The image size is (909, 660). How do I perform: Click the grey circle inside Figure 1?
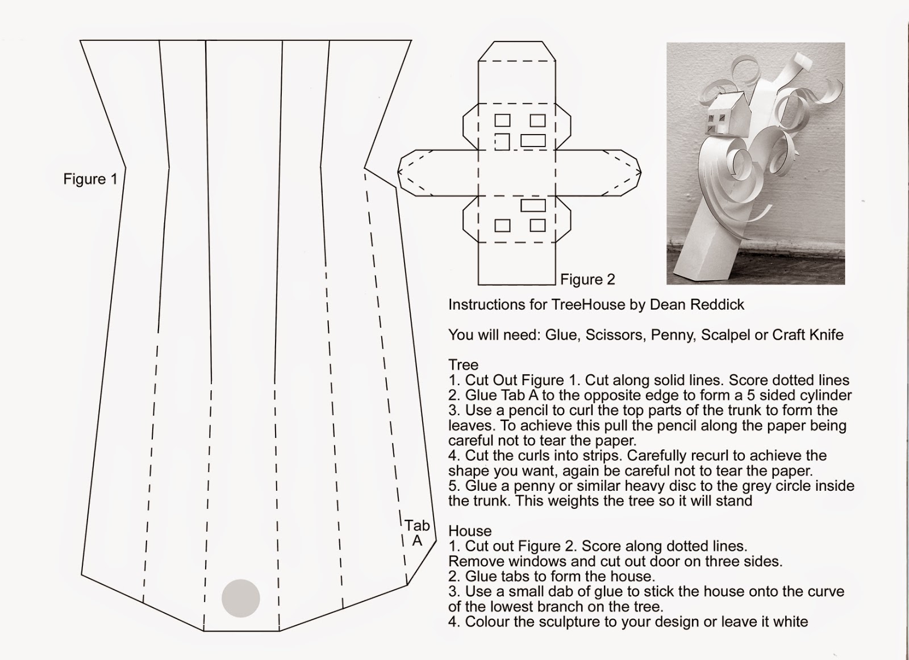pos(241,598)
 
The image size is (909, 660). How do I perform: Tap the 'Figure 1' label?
pos(90,179)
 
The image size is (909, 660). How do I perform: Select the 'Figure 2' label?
pos(587,279)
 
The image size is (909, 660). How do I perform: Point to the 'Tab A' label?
pos(417,533)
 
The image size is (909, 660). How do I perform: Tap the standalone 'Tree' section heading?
pos(463,365)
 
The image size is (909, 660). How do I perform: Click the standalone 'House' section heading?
pos(470,531)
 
